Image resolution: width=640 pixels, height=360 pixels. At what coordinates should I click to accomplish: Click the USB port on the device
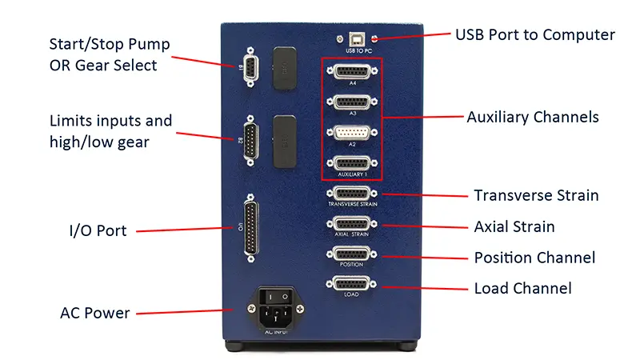tap(352, 38)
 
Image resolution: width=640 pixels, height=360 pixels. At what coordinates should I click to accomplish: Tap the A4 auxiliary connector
tap(352, 74)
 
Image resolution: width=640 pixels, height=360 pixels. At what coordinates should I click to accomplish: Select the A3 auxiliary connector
tap(352, 103)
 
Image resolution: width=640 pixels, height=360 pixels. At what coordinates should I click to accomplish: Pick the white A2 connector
tap(352, 133)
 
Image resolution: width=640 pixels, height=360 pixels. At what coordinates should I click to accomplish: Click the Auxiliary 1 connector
tap(352, 162)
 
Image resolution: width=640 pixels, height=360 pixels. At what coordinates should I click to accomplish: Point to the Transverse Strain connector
tap(352, 194)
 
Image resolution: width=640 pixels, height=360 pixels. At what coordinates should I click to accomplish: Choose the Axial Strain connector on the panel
tap(352, 225)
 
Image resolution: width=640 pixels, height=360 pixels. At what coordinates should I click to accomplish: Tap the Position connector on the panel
tap(352, 255)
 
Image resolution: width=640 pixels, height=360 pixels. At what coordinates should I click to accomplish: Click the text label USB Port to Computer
tap(534, 35)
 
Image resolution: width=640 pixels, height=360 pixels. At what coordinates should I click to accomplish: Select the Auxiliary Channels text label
tap(532, 118)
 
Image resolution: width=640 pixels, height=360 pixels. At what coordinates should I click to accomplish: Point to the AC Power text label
tap(94, 313)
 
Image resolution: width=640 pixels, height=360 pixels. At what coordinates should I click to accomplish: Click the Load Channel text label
tap(522, 288)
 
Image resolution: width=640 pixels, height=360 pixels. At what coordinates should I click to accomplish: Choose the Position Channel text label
tap(534, 258)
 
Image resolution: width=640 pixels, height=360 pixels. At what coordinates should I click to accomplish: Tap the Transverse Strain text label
tap(536, 195)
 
